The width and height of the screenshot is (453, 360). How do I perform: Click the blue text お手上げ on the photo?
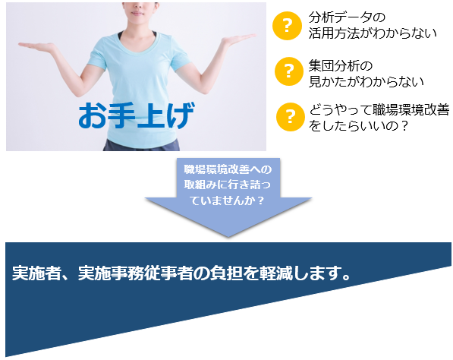pyautogui.click(x=137, y=115)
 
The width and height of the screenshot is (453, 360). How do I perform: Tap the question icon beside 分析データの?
pyautogui.click(x=287, y=26)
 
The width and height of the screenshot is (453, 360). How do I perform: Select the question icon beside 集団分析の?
pyautogui.click(x=289, y=71)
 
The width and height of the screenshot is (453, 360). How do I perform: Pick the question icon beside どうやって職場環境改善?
pyautogui.click(x=291, y=117)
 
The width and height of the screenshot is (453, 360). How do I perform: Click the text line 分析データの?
pyautogui.click(x=347, y=17)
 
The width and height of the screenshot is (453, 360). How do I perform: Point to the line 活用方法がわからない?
pyautogui.click(x=373, y=33)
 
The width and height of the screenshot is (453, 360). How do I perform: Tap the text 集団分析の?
pyautogui.click(x=341, y=66)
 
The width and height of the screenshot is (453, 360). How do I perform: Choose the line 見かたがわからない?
pyautogui.click(x=366, y=82)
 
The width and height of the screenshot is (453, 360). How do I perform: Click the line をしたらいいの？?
pyautogui.click(x=358, y=126)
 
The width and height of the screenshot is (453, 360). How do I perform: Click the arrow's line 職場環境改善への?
pyautogui.click(x=228, y=169)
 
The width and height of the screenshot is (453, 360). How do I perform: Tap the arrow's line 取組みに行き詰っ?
pyautogui.click(x=228, y=185)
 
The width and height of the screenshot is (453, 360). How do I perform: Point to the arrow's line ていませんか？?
pyautogui.click(x=228, y=200)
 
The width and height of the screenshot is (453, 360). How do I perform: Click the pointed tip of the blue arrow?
pyautogui.click(x=228, y=237)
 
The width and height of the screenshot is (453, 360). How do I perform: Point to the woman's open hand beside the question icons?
pyautogui.click(x=238, y=39)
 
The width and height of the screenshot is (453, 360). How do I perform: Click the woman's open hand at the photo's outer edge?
pyautogui.click(x=36, y=46)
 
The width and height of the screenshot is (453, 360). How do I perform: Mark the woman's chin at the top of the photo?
pyautogui.click(x=137, y=16)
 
